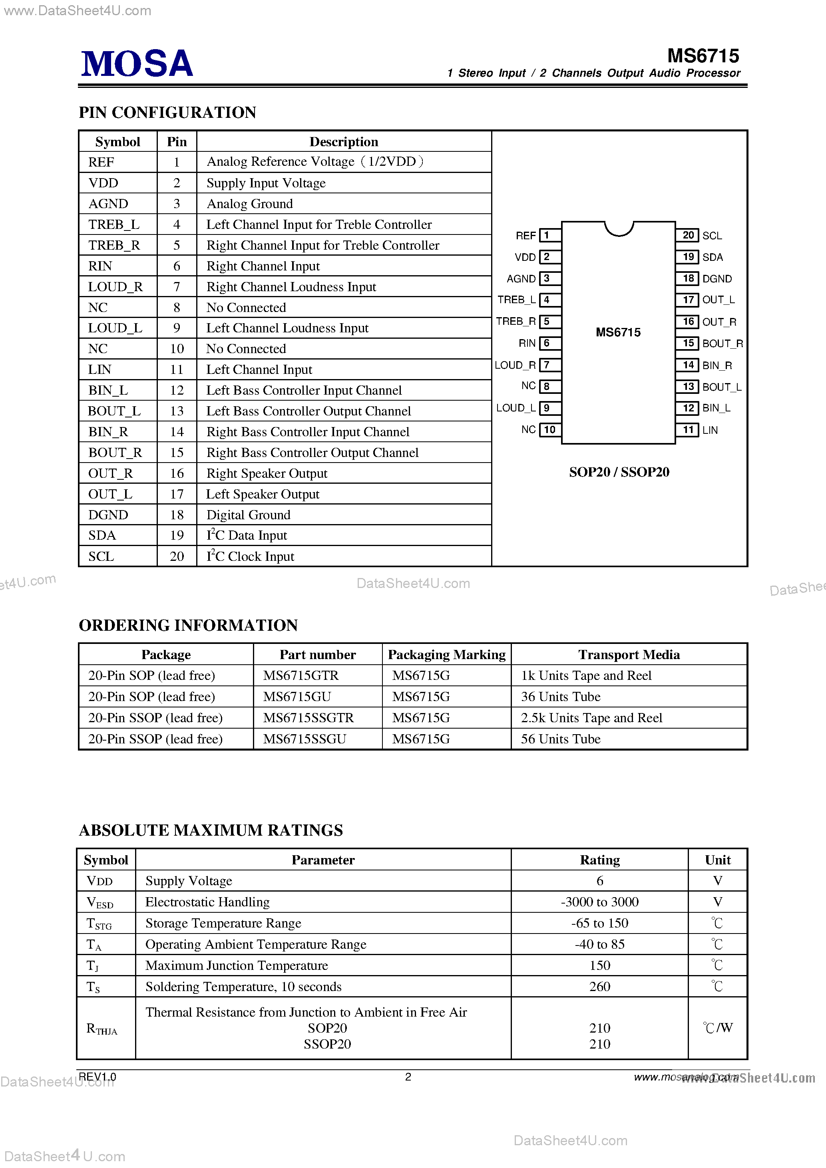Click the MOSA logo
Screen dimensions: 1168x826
(137, 64)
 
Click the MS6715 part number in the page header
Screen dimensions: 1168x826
(703, 56)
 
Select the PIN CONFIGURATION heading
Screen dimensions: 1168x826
(167, 112)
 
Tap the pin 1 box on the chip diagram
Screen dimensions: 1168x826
(549, 235)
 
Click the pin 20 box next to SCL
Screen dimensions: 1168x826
(688, 235)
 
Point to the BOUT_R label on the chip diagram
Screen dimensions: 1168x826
(722, 344)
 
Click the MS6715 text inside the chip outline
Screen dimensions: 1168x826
(618, 332)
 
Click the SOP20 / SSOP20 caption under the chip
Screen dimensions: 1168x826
(619, 472)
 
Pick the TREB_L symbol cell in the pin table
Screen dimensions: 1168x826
(114, 224)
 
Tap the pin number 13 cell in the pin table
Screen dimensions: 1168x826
(177, 411)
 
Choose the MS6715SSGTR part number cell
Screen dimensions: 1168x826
(308, 718)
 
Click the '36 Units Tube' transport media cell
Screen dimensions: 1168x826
(560, 696)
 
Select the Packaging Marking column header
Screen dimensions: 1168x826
(446, 655)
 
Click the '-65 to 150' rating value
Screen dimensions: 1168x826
(599, 923)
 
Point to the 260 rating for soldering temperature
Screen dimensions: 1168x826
(599, 986)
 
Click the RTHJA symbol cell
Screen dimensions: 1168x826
(102, 1029)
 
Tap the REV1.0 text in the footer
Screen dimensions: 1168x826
(97, 1077)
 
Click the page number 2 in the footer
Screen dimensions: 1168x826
(408, 1077)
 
